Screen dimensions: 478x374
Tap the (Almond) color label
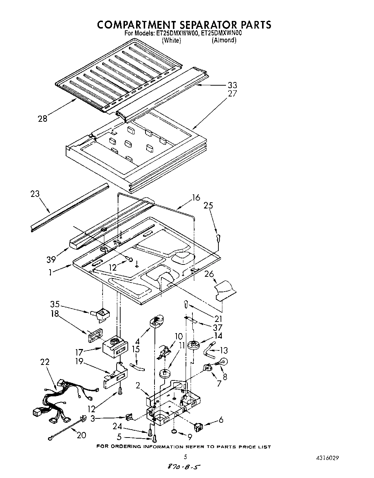[224, 40]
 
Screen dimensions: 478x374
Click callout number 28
[43, 119]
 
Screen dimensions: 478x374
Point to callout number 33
[232, 85]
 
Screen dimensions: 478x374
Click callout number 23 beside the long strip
[35, 194]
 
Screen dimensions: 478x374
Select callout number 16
[196, 197]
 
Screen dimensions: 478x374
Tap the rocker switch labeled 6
[199, 427]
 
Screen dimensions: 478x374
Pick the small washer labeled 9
[174, 431]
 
